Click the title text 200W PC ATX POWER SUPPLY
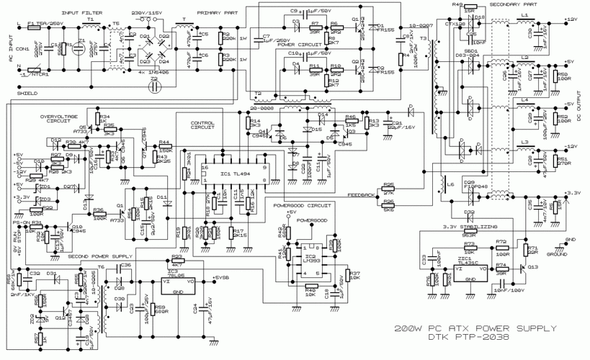(x=475, y=328)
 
